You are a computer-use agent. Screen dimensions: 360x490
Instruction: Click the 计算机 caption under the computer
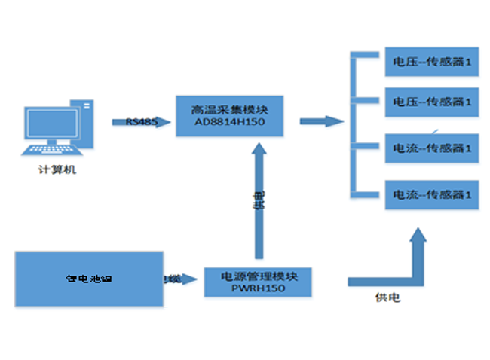pyautogui.click(x=57, y=170)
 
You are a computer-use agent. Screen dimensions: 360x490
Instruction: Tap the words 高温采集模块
pyautogui.click(x=230, y=108)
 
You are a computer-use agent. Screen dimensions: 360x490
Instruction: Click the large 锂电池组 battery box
pyautogui.click(x=89, y=279)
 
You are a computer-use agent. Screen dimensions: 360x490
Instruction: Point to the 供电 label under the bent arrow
pyautogui.click(x=387, y=298)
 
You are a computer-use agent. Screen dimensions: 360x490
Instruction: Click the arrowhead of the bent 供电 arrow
pyautogui.click(x=417, y=239)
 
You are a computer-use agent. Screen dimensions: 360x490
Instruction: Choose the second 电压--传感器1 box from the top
pyautogui.click(x=431, y=100)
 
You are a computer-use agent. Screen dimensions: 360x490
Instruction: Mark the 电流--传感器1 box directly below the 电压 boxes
pyautogui.click(x=431, y=147)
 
